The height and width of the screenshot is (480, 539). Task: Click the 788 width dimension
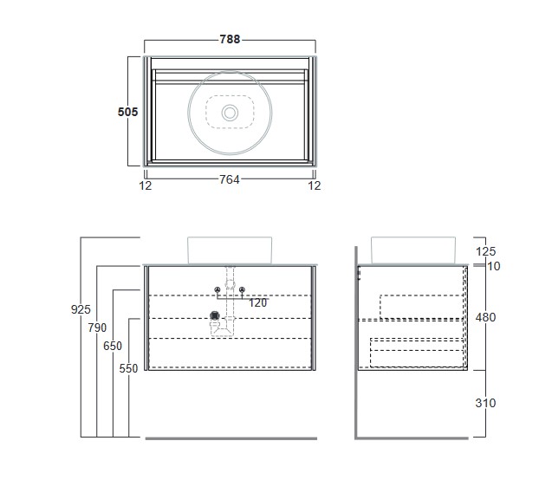coord(230,39)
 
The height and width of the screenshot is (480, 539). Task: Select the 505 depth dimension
coord(127,112)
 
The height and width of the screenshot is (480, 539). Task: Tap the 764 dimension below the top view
coord(230,179)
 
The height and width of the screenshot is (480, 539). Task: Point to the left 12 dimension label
coord(145,185)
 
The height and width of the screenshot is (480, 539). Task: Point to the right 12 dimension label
coord(315,185)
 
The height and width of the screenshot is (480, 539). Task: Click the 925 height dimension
coord(81,309)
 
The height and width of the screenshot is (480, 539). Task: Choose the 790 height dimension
coord(97,328)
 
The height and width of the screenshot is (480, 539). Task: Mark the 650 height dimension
coord(113,346)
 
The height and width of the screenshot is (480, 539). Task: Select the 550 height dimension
coord(128,368)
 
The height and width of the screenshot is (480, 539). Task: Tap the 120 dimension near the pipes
coord(258,303)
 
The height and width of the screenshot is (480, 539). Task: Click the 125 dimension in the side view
coord(485,251)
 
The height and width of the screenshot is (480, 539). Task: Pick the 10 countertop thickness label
coord(494,266)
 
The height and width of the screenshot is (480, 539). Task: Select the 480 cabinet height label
coord(485,317)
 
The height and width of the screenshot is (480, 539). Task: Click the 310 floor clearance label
coord(485,403)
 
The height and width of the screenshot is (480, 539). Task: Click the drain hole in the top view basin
coord(230,113)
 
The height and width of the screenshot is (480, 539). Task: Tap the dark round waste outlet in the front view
coord(215,315)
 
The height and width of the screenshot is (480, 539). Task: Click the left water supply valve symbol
coord(218,289)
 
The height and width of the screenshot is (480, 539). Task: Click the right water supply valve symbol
coord(242,289)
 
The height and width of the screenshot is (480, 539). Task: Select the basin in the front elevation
coord(230,250)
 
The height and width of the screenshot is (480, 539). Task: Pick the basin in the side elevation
coord(413,250)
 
